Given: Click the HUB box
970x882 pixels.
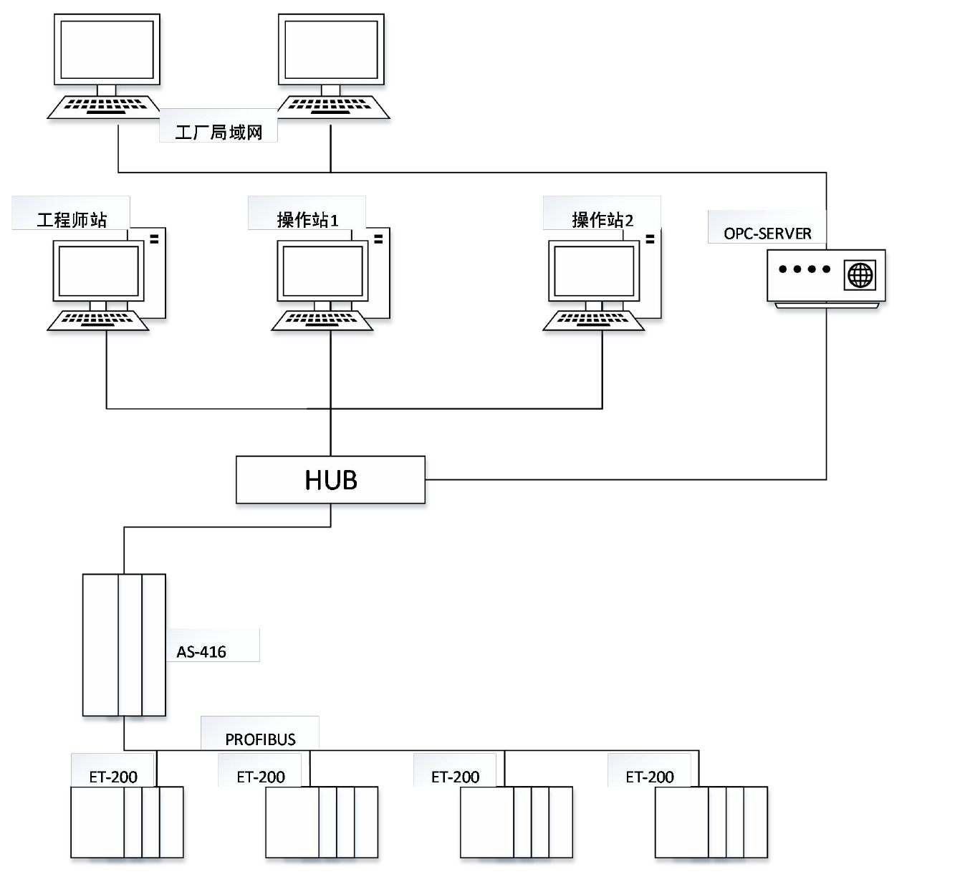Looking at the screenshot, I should coord(330,479).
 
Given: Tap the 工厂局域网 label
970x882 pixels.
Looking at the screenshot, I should coord(219,133).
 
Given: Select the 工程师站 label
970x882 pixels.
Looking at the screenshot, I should coord(72,219).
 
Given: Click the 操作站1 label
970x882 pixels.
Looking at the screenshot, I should coord(307,219).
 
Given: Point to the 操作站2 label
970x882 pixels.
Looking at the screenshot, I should coord(602,219).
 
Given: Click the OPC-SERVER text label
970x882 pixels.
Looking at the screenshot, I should coord(767,234).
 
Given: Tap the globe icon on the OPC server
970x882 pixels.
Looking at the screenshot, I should coord(860,275).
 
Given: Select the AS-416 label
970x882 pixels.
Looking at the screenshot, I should coord(201,651).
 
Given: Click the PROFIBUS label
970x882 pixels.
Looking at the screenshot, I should coord(260,739).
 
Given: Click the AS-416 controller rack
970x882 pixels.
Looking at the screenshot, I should coord(124,644).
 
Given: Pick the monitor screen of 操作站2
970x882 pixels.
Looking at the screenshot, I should coord(594,271).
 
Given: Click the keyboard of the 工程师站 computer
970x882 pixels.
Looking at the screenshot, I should coord(98,320).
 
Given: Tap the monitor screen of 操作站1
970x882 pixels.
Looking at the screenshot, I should coord(322,271).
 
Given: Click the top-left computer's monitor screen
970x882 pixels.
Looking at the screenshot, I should coord(107,49).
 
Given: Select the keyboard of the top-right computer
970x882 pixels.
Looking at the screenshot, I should coord(333,107).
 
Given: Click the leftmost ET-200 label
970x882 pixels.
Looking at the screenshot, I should coord(113,776).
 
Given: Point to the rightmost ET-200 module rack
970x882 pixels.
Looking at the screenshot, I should coord(711,822).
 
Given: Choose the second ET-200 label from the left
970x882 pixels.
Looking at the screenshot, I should coord(261,776).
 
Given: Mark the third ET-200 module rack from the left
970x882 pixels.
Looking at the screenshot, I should coord(516,822).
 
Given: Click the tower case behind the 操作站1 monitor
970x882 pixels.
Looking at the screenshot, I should coord(380,272).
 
